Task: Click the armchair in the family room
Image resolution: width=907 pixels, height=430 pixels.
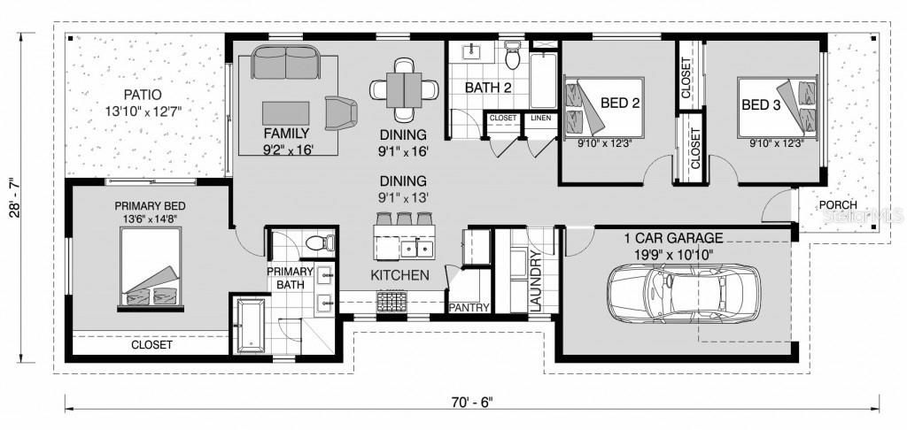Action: [341, 112]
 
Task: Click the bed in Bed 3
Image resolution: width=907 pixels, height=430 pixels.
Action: [778, 106]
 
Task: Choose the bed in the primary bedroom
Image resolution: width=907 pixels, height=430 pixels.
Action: [153, 268]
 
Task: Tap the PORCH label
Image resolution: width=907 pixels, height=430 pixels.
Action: [837, 204]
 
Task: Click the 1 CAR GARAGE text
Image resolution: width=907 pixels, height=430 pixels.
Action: [673, 238]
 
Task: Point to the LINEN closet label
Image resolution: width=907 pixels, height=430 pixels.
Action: [539, 117]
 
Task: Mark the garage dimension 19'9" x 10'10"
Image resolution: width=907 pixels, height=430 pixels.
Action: [673, 254]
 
